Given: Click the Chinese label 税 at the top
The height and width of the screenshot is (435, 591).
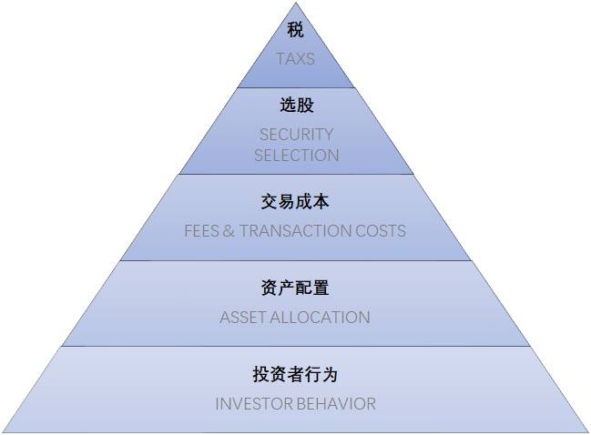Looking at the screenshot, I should (x=295, y=31).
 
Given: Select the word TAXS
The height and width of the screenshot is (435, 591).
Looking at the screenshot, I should (x=295, y=59).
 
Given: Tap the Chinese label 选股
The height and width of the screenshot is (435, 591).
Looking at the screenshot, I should (x=296, y=106).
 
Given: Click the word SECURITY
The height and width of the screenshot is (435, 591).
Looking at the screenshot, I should (x=296, y=134).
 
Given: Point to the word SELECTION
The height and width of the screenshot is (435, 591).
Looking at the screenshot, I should (x=296, y=156).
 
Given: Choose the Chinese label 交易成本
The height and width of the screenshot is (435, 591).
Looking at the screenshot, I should (x=295, y=201).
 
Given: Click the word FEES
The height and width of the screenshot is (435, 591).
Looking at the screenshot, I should (x=201, y=230).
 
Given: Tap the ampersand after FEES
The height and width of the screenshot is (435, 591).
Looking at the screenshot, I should (x=229, y=230).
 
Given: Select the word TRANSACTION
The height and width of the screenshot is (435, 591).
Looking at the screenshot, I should (x=294, y=230).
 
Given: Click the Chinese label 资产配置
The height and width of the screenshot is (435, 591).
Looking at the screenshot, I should (x=295, y=288).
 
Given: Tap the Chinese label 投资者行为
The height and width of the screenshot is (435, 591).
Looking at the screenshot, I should (x=295, y=374).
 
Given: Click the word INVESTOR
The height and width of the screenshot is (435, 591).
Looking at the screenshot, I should (x=253, y=403).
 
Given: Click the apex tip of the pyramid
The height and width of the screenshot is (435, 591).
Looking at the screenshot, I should (x=295, y=3).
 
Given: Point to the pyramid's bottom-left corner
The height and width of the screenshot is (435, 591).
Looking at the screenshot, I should (x=3, y=432).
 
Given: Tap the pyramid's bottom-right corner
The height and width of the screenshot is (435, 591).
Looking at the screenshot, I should (x=588, y=432).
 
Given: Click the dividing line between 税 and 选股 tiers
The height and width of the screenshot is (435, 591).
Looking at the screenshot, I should (x=295, y=88).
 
